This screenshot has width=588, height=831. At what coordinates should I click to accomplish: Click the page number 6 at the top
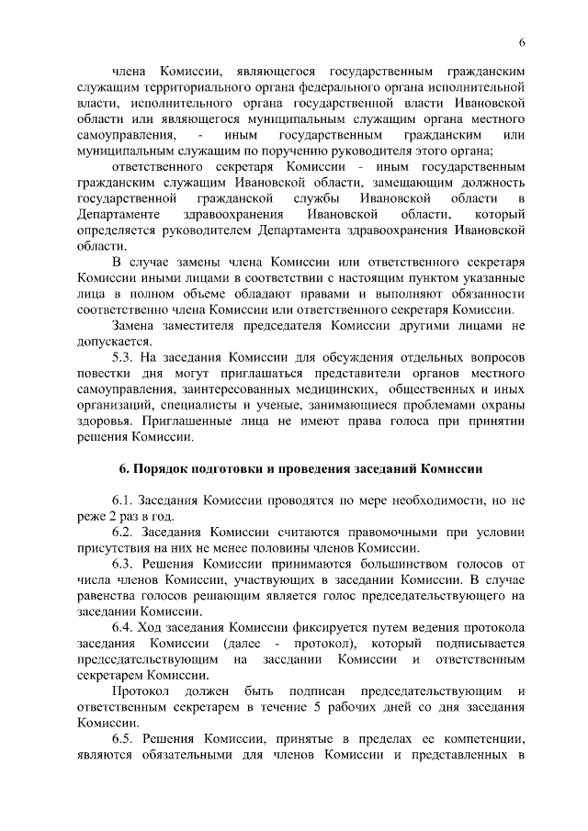(x=522, y=44)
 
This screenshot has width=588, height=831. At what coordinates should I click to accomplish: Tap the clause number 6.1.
(x=125, y=500)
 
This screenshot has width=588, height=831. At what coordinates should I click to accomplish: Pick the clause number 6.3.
(x=125, y=565)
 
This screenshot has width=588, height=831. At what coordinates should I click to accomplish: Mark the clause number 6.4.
(x=125, y=628)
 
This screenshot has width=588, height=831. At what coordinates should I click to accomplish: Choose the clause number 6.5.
(x=125, y=739)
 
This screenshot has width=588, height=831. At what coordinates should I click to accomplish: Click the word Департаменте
(x=119, y=214)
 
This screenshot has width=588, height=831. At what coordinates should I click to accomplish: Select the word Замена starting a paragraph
(x=134, y=326)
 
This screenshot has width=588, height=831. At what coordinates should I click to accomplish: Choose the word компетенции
(x=479, y=739)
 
